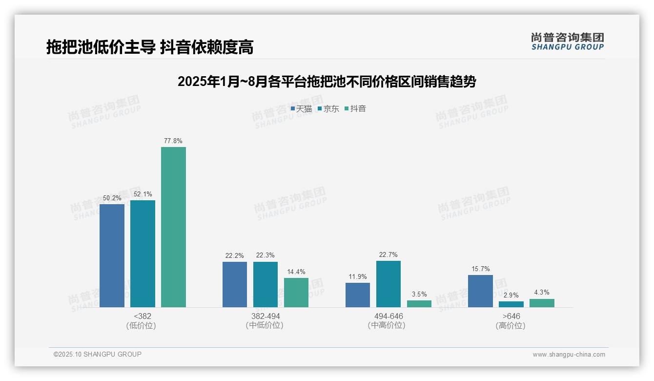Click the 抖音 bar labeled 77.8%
pos(173,227)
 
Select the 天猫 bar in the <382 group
pos(112,255)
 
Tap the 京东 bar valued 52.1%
pos(143,254)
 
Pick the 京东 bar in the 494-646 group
pos(388,284)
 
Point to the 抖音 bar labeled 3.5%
pos(419,304)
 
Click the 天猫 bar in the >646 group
pos(480,291)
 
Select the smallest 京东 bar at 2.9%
pos(511,304)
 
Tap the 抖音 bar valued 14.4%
pos(296,293)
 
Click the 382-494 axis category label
pos(266,316)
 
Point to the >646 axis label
pos(511,316)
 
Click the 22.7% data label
pos(388,254)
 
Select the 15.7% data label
pos(480,269)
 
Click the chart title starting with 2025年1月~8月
pos(327,82)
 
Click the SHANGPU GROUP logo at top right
pos(567,42)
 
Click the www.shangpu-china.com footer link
pos(569,354)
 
